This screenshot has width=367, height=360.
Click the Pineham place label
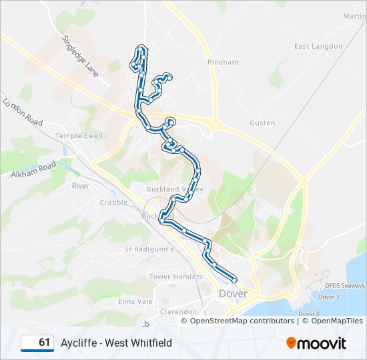(x=222, y=62)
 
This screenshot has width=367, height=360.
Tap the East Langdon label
(x=318, y=46)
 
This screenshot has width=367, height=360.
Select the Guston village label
(x=262, y=123)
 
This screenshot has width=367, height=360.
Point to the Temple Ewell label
(x=79, y=135)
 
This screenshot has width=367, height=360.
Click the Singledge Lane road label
(x=81, y=57)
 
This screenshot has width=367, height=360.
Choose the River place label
(x=80, y=186)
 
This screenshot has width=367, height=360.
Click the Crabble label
(x=113, y=202)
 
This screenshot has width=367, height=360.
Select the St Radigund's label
(x=149, y=249)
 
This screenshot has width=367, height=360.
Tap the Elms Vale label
(x=135, y=301)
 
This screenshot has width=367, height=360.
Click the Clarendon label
(x=178, y=311)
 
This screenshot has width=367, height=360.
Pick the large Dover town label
(x=233, y=293)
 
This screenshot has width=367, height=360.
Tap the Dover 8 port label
(x=308, y=313)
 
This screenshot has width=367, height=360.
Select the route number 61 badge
(x=38, y=343)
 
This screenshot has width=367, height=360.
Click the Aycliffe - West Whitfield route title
(x=116, y=343)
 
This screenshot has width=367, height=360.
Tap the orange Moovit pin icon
(x=292, y=343)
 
